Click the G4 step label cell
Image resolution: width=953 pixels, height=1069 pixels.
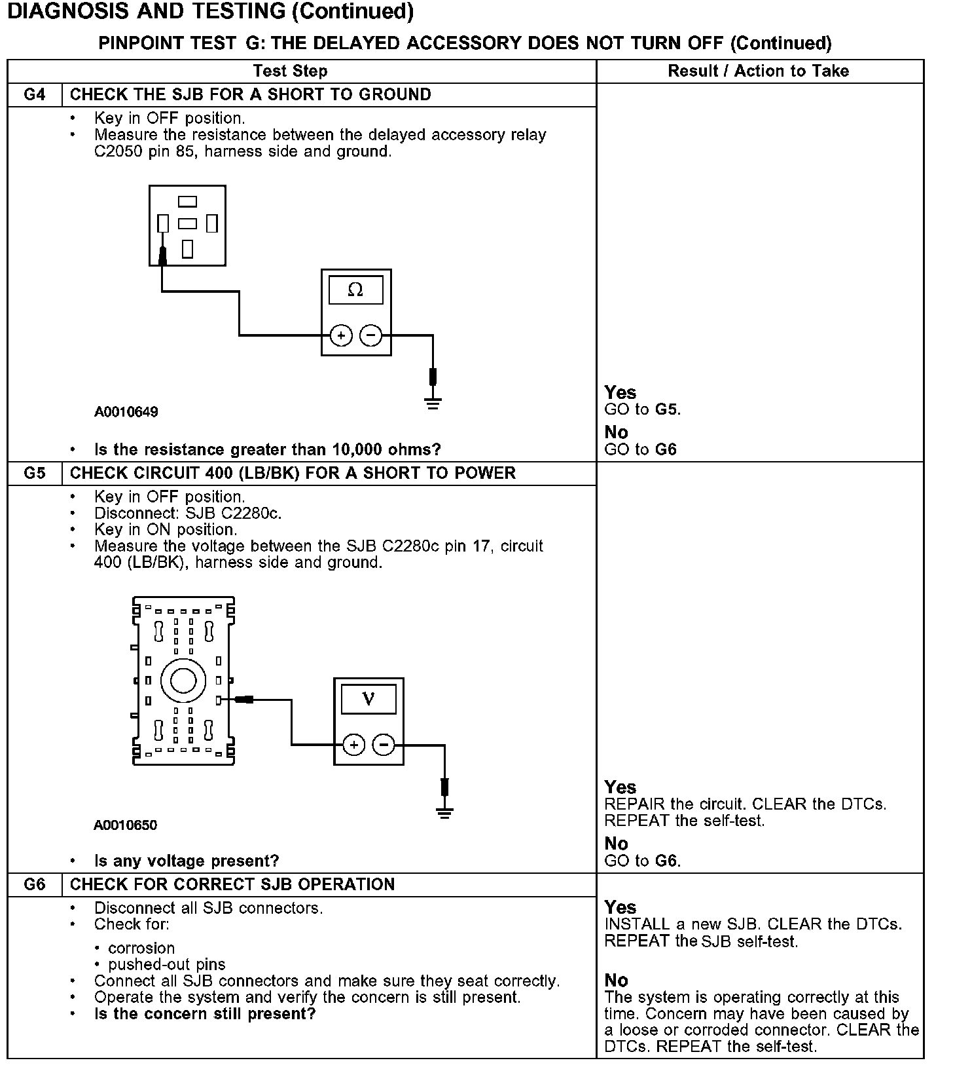35,95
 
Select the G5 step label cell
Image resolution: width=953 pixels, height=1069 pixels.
35,474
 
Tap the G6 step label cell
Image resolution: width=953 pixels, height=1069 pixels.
35,885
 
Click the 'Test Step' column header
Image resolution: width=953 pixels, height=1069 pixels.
290,71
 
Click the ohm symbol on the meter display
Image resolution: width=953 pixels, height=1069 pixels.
355,290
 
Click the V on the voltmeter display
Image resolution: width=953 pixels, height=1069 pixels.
369,699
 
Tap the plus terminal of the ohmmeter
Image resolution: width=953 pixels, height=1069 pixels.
341,335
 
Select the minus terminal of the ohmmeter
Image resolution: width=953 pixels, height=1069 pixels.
370,335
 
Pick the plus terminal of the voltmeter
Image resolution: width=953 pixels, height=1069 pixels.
353,745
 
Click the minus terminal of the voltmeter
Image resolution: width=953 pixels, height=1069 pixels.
384,745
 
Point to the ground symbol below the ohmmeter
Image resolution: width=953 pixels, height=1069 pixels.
433,402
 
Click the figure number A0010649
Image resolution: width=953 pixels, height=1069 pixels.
126,412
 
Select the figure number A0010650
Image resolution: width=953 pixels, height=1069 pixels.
126,825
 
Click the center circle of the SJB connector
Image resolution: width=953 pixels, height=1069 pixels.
183,681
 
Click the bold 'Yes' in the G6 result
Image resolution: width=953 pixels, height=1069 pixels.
620,907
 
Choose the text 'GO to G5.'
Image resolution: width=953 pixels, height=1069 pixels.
642,409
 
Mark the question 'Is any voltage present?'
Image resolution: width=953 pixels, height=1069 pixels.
187,861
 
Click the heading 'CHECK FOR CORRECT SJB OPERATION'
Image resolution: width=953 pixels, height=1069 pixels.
232,885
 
